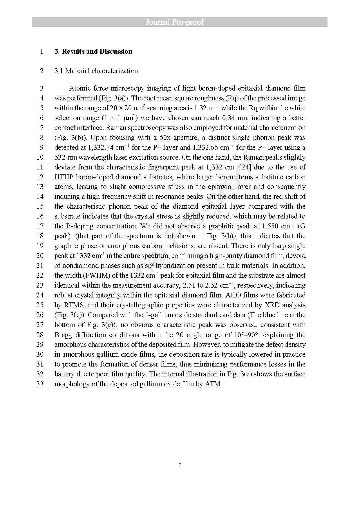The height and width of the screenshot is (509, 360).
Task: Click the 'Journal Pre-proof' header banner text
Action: (175, 22)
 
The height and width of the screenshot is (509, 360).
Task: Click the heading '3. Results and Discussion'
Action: (93, 51)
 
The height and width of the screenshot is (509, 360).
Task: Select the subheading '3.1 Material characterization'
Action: (96, 71)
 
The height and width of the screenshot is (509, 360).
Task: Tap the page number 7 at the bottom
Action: (180, 465)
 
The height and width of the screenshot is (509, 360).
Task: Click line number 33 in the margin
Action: (40, 384)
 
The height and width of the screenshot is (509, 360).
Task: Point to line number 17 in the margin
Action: (40, 226)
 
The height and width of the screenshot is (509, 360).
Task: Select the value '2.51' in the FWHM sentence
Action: (189, 285)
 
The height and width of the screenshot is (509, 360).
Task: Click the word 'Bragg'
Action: (63, 335)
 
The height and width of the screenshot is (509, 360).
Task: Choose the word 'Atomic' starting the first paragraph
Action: (79, 88)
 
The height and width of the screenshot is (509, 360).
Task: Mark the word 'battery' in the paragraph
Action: (64, 374)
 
